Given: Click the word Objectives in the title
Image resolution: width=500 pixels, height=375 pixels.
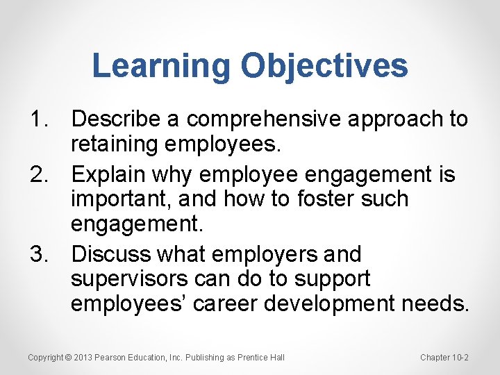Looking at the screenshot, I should (324, 67).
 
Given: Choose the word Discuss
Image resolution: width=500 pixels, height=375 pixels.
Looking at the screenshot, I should (111, 255).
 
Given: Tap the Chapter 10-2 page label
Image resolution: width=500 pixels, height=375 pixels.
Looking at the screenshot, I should (444, 358).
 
